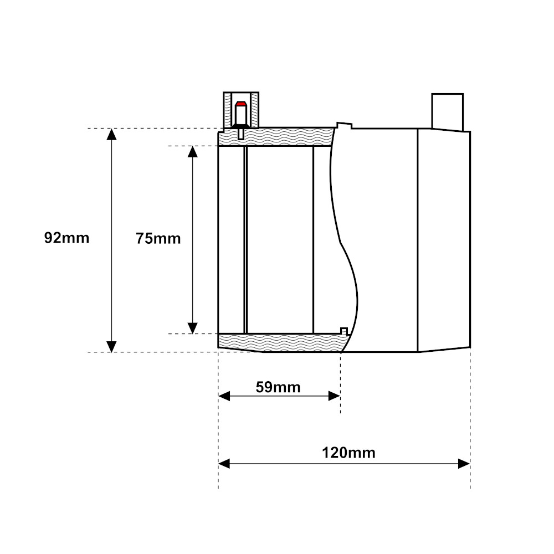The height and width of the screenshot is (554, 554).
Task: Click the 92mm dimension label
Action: (x=67, y=238)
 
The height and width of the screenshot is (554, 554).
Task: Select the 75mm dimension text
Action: (x=158, y=238)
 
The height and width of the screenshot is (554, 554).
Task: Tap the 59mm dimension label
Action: (x=278, y=387)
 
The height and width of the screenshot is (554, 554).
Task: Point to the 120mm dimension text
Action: (x=348, y=453)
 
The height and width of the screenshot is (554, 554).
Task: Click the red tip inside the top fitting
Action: (x=241, y=104)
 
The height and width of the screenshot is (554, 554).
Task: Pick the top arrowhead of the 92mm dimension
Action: (x=112, y=134)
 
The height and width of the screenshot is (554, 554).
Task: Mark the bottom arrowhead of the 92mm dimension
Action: (x=112, y=347)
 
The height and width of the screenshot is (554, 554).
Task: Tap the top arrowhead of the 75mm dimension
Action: (x=193, y=151)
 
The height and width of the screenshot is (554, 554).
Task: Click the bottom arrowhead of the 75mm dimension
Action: (x=193, y=328)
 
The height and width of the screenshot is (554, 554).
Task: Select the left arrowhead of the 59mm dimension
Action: (x=224, y=396)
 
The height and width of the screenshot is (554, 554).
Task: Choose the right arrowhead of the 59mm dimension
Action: (x=334, y=396)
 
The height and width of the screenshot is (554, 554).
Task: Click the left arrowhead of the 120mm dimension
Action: (x=224, y=464)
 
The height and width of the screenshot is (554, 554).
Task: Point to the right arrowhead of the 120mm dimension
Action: (x=464, y=464)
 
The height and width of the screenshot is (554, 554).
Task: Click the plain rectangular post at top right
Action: (x=447, y=112)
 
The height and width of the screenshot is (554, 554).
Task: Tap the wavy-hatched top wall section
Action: (x=276, y=137)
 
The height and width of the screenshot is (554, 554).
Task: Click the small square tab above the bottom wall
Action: (x=344, y=331)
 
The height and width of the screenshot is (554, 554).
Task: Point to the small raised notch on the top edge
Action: (x=345, y=125)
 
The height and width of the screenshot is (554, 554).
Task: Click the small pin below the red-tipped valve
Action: (x=241, y=134)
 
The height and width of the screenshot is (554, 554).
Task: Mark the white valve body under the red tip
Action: (x=241, y=115)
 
